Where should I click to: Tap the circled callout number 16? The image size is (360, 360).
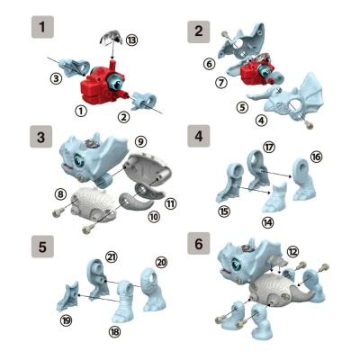[315, 156]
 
